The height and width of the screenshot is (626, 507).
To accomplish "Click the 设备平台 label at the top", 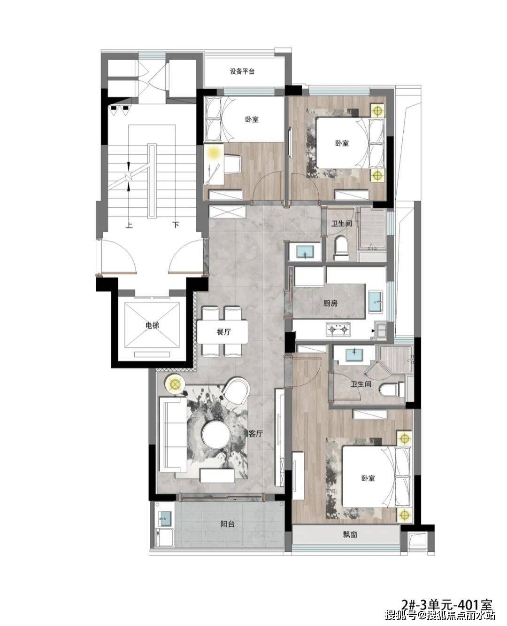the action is (242, 71).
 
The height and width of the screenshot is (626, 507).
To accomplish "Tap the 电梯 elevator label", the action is (152, 325).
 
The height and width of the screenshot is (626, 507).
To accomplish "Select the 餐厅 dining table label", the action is (224, 332).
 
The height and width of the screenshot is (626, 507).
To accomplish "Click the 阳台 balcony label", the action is (227, 524).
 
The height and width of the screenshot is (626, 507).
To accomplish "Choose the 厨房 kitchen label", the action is (330, 303).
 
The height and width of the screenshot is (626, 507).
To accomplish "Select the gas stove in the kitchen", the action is (338, 329).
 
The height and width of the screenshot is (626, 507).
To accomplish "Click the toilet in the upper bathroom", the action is (341, 249).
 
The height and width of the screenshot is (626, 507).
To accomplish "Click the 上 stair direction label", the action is (129, 225).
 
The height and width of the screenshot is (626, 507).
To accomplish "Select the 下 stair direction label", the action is (176, 225).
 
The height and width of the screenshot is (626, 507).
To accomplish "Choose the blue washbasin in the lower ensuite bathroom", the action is (354, 354).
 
